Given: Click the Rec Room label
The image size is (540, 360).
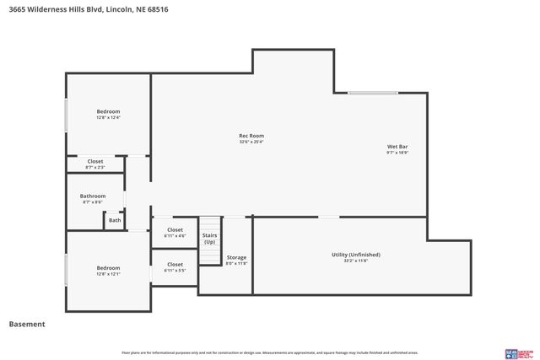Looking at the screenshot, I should [251, 136].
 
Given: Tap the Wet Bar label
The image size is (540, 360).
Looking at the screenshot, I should [397, 147].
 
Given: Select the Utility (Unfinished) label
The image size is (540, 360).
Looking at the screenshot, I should [355, 255].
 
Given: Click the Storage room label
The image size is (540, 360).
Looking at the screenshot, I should [236, 257].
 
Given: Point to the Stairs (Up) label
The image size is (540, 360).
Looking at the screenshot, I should [209, 239].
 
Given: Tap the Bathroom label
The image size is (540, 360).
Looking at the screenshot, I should [94, 196].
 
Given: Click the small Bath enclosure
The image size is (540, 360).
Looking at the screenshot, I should [115, 221].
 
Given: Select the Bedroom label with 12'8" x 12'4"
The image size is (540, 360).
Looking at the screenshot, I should [108, 111].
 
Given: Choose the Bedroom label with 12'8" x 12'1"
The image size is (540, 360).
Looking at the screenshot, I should [108, 268].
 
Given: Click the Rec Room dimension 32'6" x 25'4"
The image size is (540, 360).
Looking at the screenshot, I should [251, 142].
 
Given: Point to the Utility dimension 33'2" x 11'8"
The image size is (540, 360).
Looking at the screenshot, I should [355, 261].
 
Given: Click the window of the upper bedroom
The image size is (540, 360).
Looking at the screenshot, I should [67, 115].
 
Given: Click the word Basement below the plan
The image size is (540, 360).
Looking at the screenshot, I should [26, 324].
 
